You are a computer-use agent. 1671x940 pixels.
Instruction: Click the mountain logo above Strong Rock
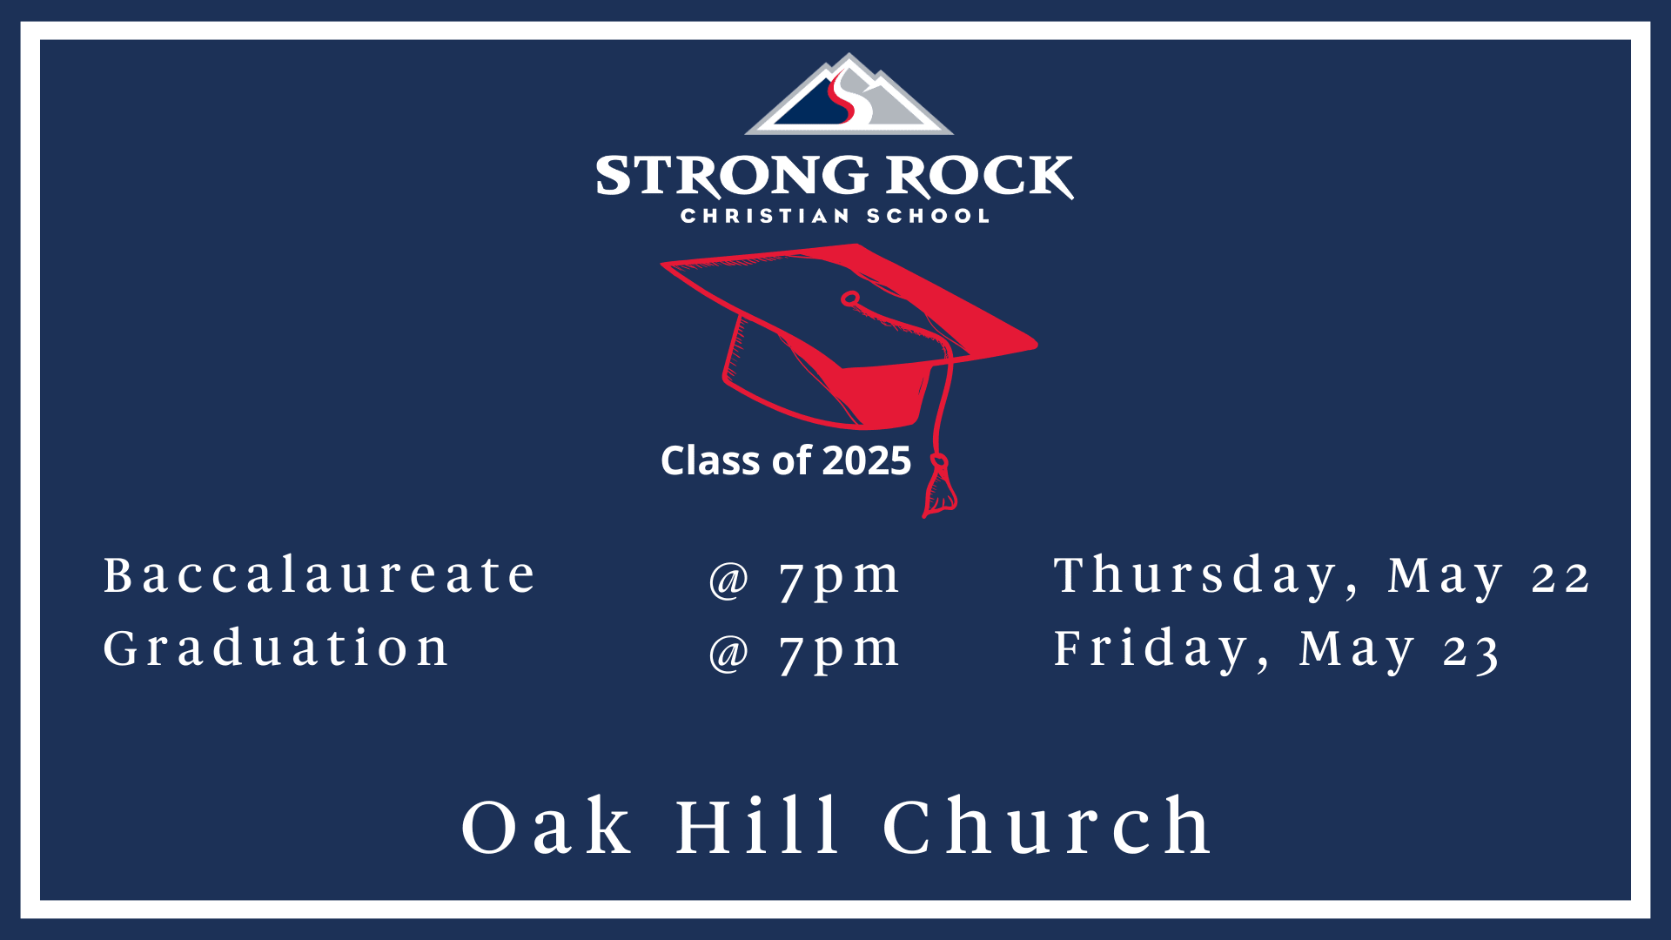[849, 96]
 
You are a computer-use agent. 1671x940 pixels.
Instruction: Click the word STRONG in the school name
[731, 177]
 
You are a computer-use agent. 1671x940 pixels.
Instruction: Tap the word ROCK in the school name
[980, 177]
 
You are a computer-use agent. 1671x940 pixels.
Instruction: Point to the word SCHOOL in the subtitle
[929, 216]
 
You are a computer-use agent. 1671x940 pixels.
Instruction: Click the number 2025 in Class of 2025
[867, 460]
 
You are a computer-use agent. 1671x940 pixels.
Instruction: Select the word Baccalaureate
[319, 575]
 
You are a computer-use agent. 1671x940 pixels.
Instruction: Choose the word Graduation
[276, 648]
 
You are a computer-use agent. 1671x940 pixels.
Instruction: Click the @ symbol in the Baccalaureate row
[728, 580]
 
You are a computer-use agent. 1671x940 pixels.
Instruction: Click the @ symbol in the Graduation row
[728, 653]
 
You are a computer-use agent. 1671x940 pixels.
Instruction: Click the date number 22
[1561, 578]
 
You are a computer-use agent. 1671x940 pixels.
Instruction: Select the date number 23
[1471, 652]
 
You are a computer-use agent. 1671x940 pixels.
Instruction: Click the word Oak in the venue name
[546, 827]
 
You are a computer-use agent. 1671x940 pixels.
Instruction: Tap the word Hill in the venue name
[758, 825]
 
